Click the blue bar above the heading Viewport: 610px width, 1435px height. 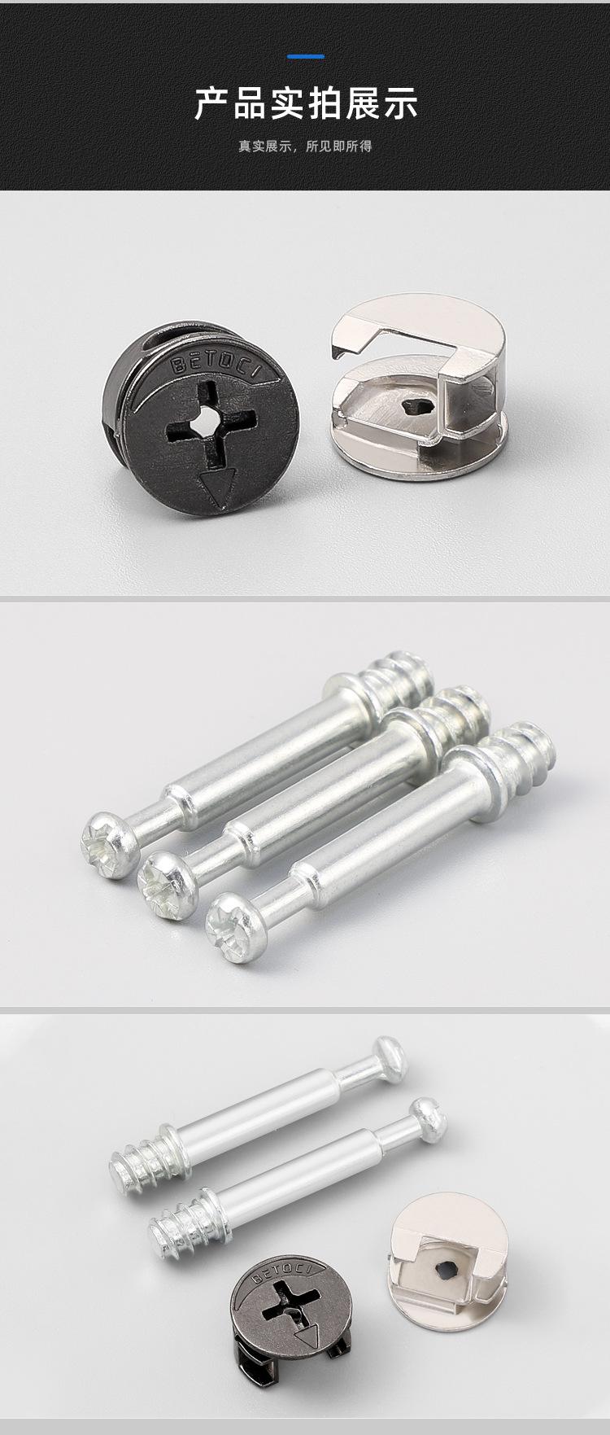tap(307, 56)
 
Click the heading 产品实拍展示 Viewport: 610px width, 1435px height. tap(306, 105)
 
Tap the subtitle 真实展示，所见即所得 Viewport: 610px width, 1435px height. tap(305, 147)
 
